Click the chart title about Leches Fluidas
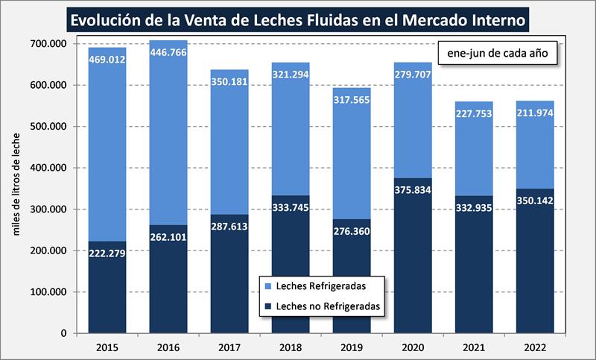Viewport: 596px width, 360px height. pos(297,18)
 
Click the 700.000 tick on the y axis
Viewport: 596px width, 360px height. pos(48,44)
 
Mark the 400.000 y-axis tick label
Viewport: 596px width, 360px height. pos(48,168)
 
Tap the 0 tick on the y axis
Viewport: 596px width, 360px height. pos(63,333)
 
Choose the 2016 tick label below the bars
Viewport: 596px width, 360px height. pos(168,347)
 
